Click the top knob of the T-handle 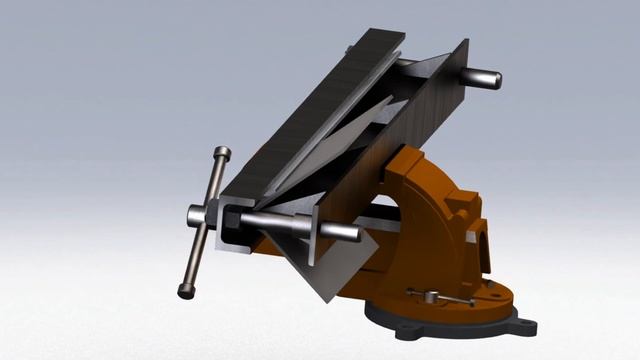[x=221, y=153]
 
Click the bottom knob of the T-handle [x=185, y=291]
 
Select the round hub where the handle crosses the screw [x=198, y=214]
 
